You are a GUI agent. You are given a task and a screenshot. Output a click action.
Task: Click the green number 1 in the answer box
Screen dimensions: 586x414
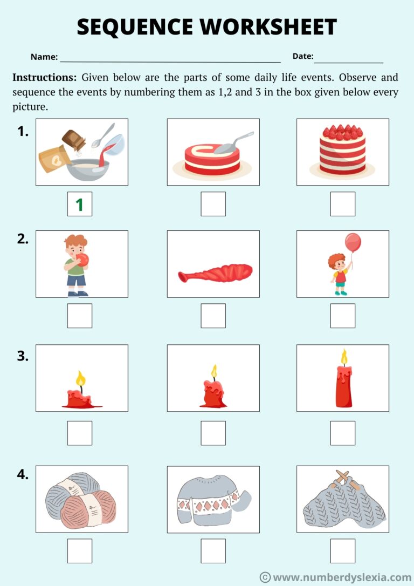pos(79,205)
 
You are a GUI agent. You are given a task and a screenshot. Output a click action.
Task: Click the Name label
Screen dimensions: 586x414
pos(44,57)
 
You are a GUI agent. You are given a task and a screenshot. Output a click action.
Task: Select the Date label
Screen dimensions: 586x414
pos(302,56)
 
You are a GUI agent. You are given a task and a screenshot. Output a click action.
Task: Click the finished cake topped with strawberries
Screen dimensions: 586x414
pos(342,149)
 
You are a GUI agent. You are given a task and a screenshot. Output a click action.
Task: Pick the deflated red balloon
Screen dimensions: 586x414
pos(216,273)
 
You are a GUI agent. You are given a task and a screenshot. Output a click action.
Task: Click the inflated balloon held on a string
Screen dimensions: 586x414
pos(353,242)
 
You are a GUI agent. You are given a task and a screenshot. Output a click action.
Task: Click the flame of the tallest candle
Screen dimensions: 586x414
pos(343,357)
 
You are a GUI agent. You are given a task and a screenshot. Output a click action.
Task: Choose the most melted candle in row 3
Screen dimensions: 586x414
pos(81,398)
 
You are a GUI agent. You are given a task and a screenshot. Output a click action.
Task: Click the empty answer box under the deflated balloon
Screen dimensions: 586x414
pos(213,316)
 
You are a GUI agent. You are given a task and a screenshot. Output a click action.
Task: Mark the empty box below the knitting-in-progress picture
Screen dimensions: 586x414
pos(342,550)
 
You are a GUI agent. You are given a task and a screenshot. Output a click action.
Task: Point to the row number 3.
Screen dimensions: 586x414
pos(23,356)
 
